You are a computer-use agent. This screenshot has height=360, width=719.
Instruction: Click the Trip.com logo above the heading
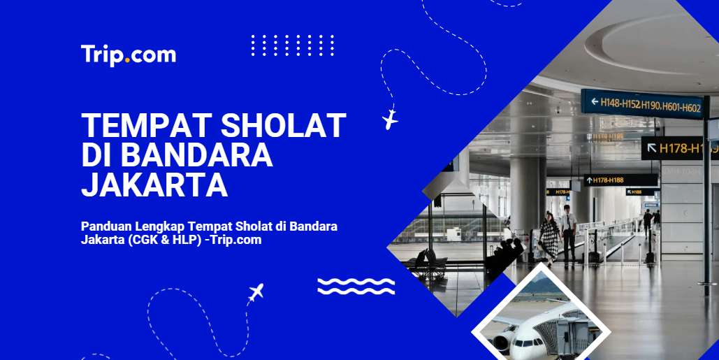tap(128, 55)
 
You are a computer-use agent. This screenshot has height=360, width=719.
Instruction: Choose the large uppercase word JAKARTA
tap(154, 185)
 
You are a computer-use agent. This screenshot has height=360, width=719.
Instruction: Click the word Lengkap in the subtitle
tap(160, 226)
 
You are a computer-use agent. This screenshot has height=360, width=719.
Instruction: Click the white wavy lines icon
tap(356, 286)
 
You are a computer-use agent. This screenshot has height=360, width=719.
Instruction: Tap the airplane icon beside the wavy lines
tap(256, 292)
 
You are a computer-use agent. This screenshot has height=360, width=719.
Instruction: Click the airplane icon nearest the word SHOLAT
tap(390, 119)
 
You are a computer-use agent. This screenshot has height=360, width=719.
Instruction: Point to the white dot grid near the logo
tap(292, 45)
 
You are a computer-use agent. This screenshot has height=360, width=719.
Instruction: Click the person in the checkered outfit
tap(549, 238)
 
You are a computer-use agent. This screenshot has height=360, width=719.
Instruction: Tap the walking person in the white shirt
tap(569, 231)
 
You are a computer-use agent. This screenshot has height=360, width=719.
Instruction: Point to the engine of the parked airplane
tap(501, 343)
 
